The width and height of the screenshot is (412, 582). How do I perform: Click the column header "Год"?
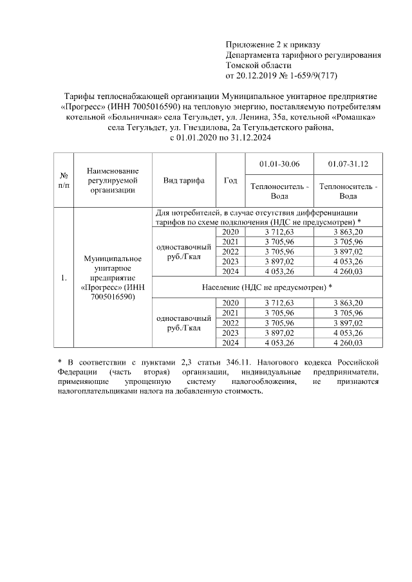(230, 181)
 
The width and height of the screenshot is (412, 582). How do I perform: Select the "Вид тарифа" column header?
(184, 181)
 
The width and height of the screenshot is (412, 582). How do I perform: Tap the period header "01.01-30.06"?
(274, 165)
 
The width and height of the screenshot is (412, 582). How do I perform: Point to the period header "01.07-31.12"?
(348, 165)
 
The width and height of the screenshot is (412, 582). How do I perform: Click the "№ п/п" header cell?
(64, 181)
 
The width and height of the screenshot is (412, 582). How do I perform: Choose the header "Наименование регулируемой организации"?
(113, 181)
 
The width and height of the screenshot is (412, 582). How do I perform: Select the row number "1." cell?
(64, 278)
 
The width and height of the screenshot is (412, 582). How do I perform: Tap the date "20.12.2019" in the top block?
(257, 75)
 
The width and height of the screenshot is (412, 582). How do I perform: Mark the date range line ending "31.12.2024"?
(220, 138)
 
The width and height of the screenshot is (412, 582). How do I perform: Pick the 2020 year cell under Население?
(230, 303)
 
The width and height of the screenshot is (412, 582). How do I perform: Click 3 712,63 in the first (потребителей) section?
(274, 231)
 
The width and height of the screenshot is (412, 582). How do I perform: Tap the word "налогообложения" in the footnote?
(259, 382)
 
